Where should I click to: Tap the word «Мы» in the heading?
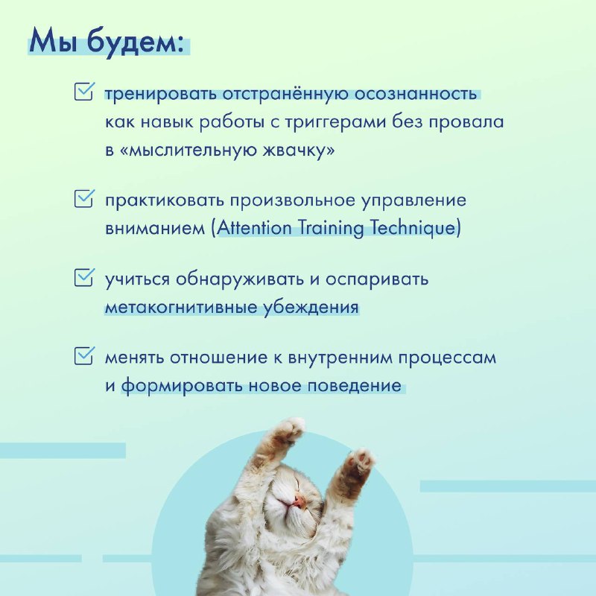[x=54, y=41]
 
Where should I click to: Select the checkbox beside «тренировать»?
[x=84, y=92]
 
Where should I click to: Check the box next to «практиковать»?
[x=84, y=198]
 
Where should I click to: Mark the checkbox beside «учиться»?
[x=84, y=277]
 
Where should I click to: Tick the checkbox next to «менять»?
[x=84, y=356]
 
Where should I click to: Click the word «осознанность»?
[x=416, y=94]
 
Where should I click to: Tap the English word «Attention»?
[x=254, y=228]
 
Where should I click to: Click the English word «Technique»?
[x=413, y=228]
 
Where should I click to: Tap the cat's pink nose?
[x=300, y=501]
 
